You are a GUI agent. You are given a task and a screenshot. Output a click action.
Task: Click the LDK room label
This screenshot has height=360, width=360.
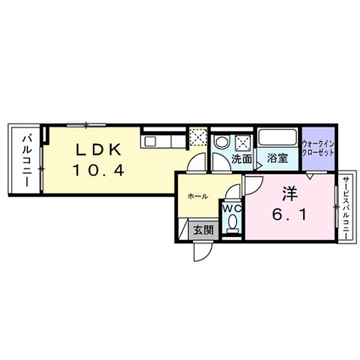tap(99, 150)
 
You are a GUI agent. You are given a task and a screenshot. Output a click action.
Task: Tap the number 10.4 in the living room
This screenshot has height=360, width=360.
tap(99, 170)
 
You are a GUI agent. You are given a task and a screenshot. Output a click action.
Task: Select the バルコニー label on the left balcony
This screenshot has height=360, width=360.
tap(27, 161)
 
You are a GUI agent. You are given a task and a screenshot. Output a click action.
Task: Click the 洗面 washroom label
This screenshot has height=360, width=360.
tap(242, 158)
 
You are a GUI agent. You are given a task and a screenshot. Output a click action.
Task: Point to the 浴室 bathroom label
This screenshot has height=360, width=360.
tap(277, 158)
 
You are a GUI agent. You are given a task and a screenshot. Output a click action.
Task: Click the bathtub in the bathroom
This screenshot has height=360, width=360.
tap(277, 137)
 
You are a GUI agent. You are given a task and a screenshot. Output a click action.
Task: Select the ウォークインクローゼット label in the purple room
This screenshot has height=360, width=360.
tap(318, 148)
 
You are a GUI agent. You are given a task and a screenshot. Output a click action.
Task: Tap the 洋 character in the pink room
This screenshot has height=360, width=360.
tap(290, 194)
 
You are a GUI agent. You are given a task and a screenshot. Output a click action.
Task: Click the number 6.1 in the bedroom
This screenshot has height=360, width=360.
tap(290, 215)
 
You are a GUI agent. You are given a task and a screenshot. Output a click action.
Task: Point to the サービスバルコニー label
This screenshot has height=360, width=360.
tap(346, 207)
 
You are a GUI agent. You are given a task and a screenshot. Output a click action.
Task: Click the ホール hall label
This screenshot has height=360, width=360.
tap(198, 196)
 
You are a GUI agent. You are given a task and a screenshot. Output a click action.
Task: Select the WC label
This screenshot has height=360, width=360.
tap(232, 209)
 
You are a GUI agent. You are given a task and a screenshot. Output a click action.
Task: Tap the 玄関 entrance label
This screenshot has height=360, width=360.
tap(204, 230)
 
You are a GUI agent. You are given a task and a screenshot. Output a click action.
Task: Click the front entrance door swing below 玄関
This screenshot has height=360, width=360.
tap(203, 251)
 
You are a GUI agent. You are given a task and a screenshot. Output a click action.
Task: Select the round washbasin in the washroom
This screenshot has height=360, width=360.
tap(221, 141)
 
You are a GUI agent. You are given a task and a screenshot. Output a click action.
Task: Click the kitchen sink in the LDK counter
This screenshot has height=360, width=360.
tap(150, 142)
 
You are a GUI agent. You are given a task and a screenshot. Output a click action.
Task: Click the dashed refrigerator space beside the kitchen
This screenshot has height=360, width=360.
tap(198, 137)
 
